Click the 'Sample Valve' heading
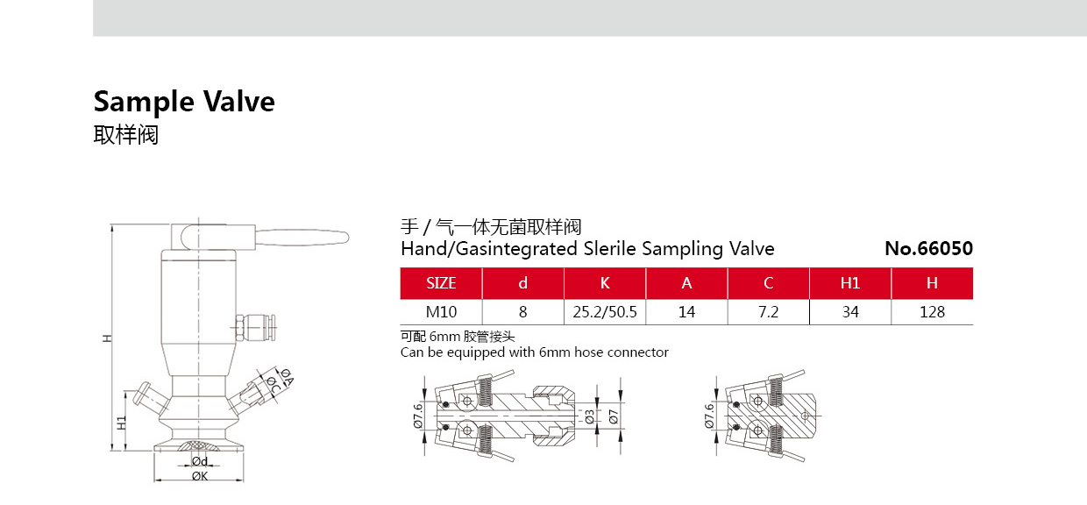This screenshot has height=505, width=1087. pos(184,102)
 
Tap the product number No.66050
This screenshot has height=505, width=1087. pos(929,248)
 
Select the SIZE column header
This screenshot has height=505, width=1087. pos(441,283)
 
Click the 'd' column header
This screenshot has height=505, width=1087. pos(522,283)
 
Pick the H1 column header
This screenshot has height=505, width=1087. pos(850,283)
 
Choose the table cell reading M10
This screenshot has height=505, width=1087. pos(441,312)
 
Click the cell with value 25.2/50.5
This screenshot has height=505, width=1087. pos(605,312)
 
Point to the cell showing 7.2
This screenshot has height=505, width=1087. pos(768,312)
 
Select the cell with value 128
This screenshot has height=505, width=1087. pos(932,312)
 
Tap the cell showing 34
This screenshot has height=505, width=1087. pos(850,312)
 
